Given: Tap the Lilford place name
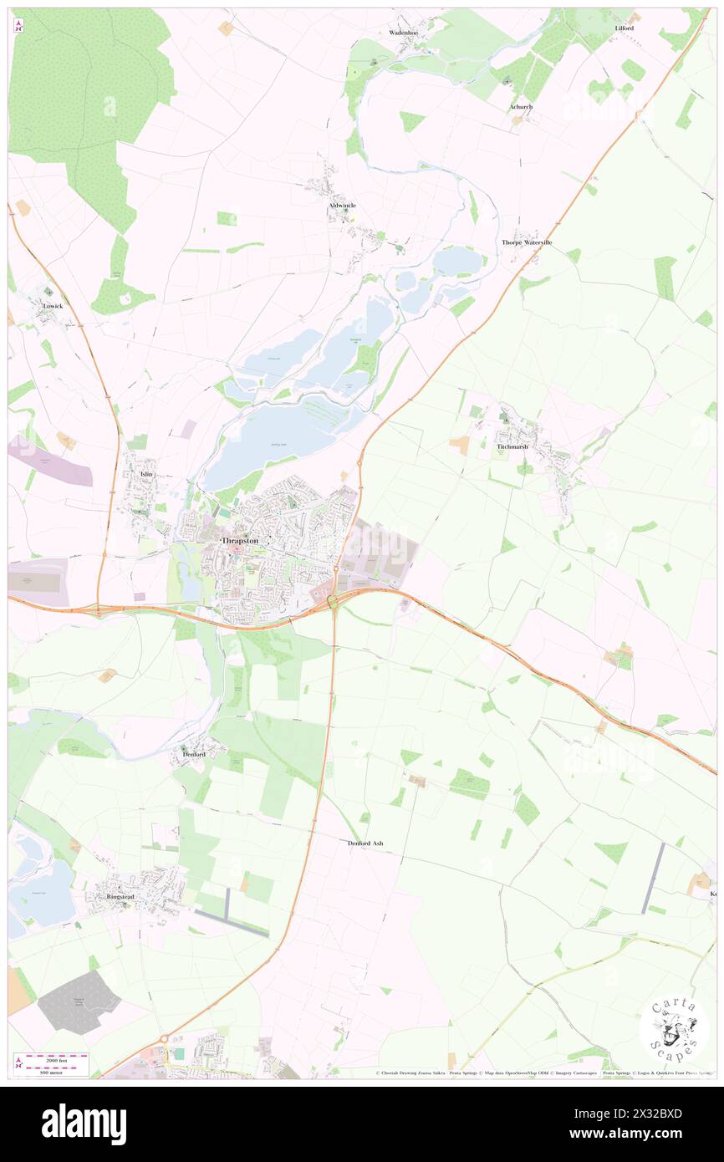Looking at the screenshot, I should coord(624,28).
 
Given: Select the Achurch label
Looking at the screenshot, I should coord(521,107).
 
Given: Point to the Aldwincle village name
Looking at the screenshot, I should coord(342,205).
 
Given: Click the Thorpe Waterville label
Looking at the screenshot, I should coord(527,242).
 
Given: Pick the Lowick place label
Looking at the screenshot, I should coord(53,306).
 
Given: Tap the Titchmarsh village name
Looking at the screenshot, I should coord(512,447).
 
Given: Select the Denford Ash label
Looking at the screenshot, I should coord(365,843).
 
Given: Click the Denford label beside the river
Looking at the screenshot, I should coord(194,754).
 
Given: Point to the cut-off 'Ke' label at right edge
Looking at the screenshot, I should coord(713,894).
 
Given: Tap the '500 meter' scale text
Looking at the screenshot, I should coord(58,1070).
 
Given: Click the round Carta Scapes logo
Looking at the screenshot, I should coord(674,1031).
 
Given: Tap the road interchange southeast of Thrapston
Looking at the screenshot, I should coord(334,601).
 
